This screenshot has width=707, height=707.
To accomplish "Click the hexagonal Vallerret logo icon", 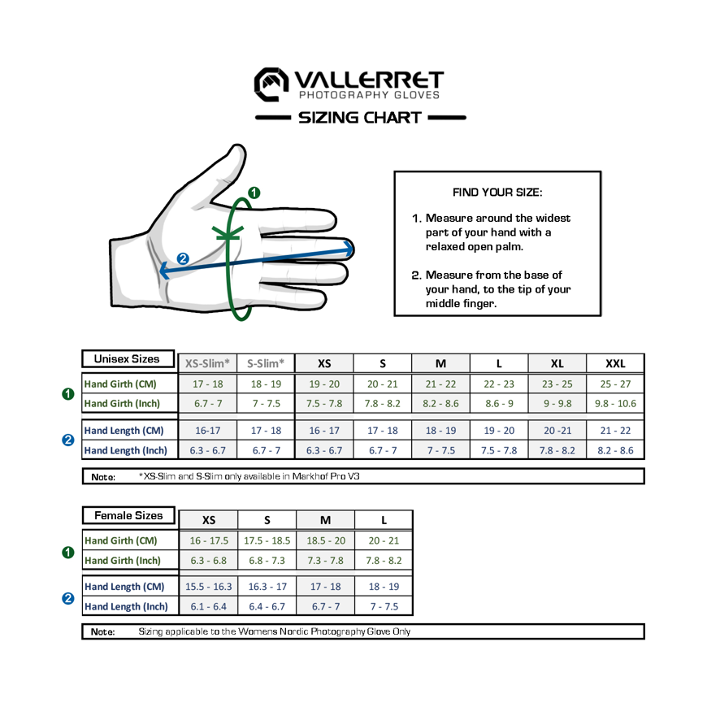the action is click(x=271, y=85).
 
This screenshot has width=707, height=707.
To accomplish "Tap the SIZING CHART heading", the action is click(x=360, y=118).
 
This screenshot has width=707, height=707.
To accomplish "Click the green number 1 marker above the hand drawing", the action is click(x=254, y=193).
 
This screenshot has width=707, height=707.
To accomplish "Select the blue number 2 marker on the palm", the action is click(x=183, y=258).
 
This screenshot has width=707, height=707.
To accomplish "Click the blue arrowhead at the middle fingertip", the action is click(x=349, y=249).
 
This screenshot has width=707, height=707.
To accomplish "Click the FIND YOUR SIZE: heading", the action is click(x=497, y=193).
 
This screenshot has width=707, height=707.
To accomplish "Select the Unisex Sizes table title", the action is click(x=127, y=359).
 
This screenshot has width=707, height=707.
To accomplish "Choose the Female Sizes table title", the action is click(x=128, y=515).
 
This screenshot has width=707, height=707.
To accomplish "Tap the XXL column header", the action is click(x=615, y=363).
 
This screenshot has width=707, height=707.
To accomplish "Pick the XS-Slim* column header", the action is click(x=207, y=363).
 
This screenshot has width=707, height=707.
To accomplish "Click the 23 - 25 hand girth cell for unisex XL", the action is click(x=557, y=384).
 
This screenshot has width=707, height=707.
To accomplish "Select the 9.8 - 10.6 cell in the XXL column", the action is click(x=615, y=404).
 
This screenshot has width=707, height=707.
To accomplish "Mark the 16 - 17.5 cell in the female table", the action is click(x=209, y=540).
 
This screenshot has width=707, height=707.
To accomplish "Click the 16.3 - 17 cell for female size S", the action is click(x=267, y=587).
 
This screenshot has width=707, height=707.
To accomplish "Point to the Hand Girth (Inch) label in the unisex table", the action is click(x=122, y=404).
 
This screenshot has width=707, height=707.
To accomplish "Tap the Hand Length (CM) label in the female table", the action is click(x=124, y=587).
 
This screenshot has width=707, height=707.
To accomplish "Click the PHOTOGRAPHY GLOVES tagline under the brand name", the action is click(x=369, y=95).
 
